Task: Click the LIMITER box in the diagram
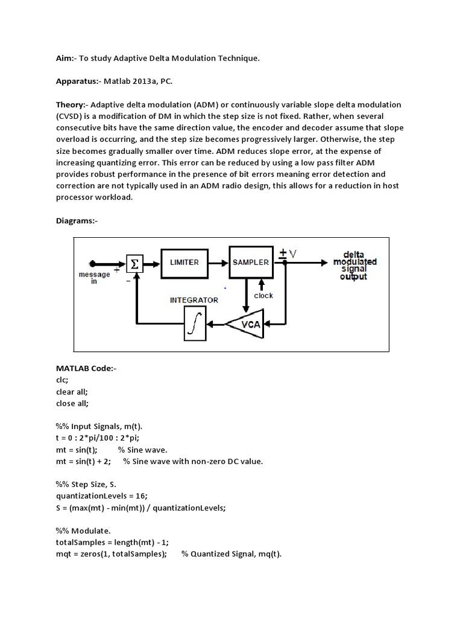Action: [184, 262]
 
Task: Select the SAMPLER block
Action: [251, 262]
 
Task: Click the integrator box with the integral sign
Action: [194, 325]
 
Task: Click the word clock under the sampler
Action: [263, 295]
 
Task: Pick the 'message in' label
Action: [95, 278]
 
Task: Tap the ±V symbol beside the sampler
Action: [288, 253]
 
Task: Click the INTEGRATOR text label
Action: [194, 299]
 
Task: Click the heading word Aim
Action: [65, 58]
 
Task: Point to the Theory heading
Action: [72, 104]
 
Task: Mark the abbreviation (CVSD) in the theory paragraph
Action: [71, 116]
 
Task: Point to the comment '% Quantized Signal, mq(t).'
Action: [231, 555]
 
